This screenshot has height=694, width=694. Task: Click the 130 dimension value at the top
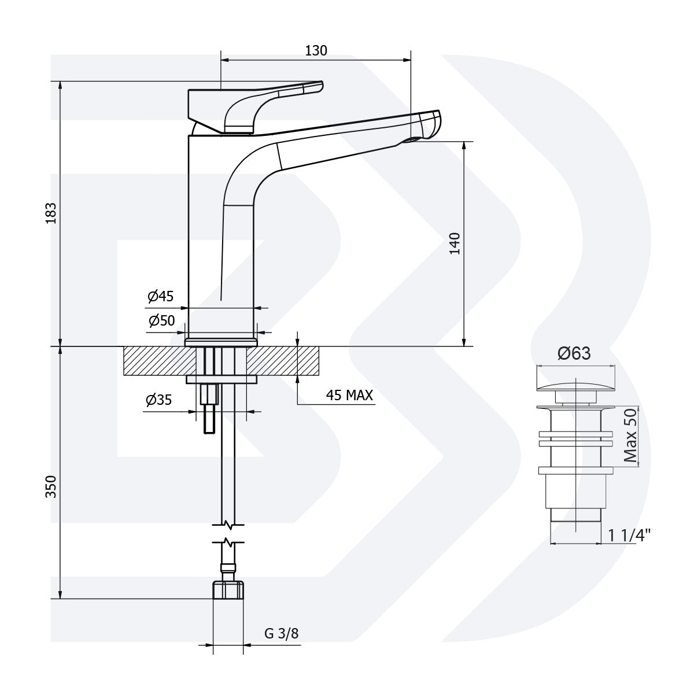click(x=316, y=50)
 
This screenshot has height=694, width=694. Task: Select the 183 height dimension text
click(x=51, y=213)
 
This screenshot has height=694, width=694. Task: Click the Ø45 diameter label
click(x=160, y=297)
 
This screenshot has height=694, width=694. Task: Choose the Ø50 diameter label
click(x=161, y=321)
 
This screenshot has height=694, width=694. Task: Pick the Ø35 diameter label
click(x=159, y=400)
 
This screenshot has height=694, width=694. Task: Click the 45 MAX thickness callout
click(x=350, y=396)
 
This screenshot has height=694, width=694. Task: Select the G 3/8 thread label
click(x=282, y=633)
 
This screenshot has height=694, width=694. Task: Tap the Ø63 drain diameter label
click(x=574, y=353)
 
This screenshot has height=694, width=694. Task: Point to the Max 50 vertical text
click(x=631, y=435)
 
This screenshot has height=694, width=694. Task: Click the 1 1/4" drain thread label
click(x=629, y=535)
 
